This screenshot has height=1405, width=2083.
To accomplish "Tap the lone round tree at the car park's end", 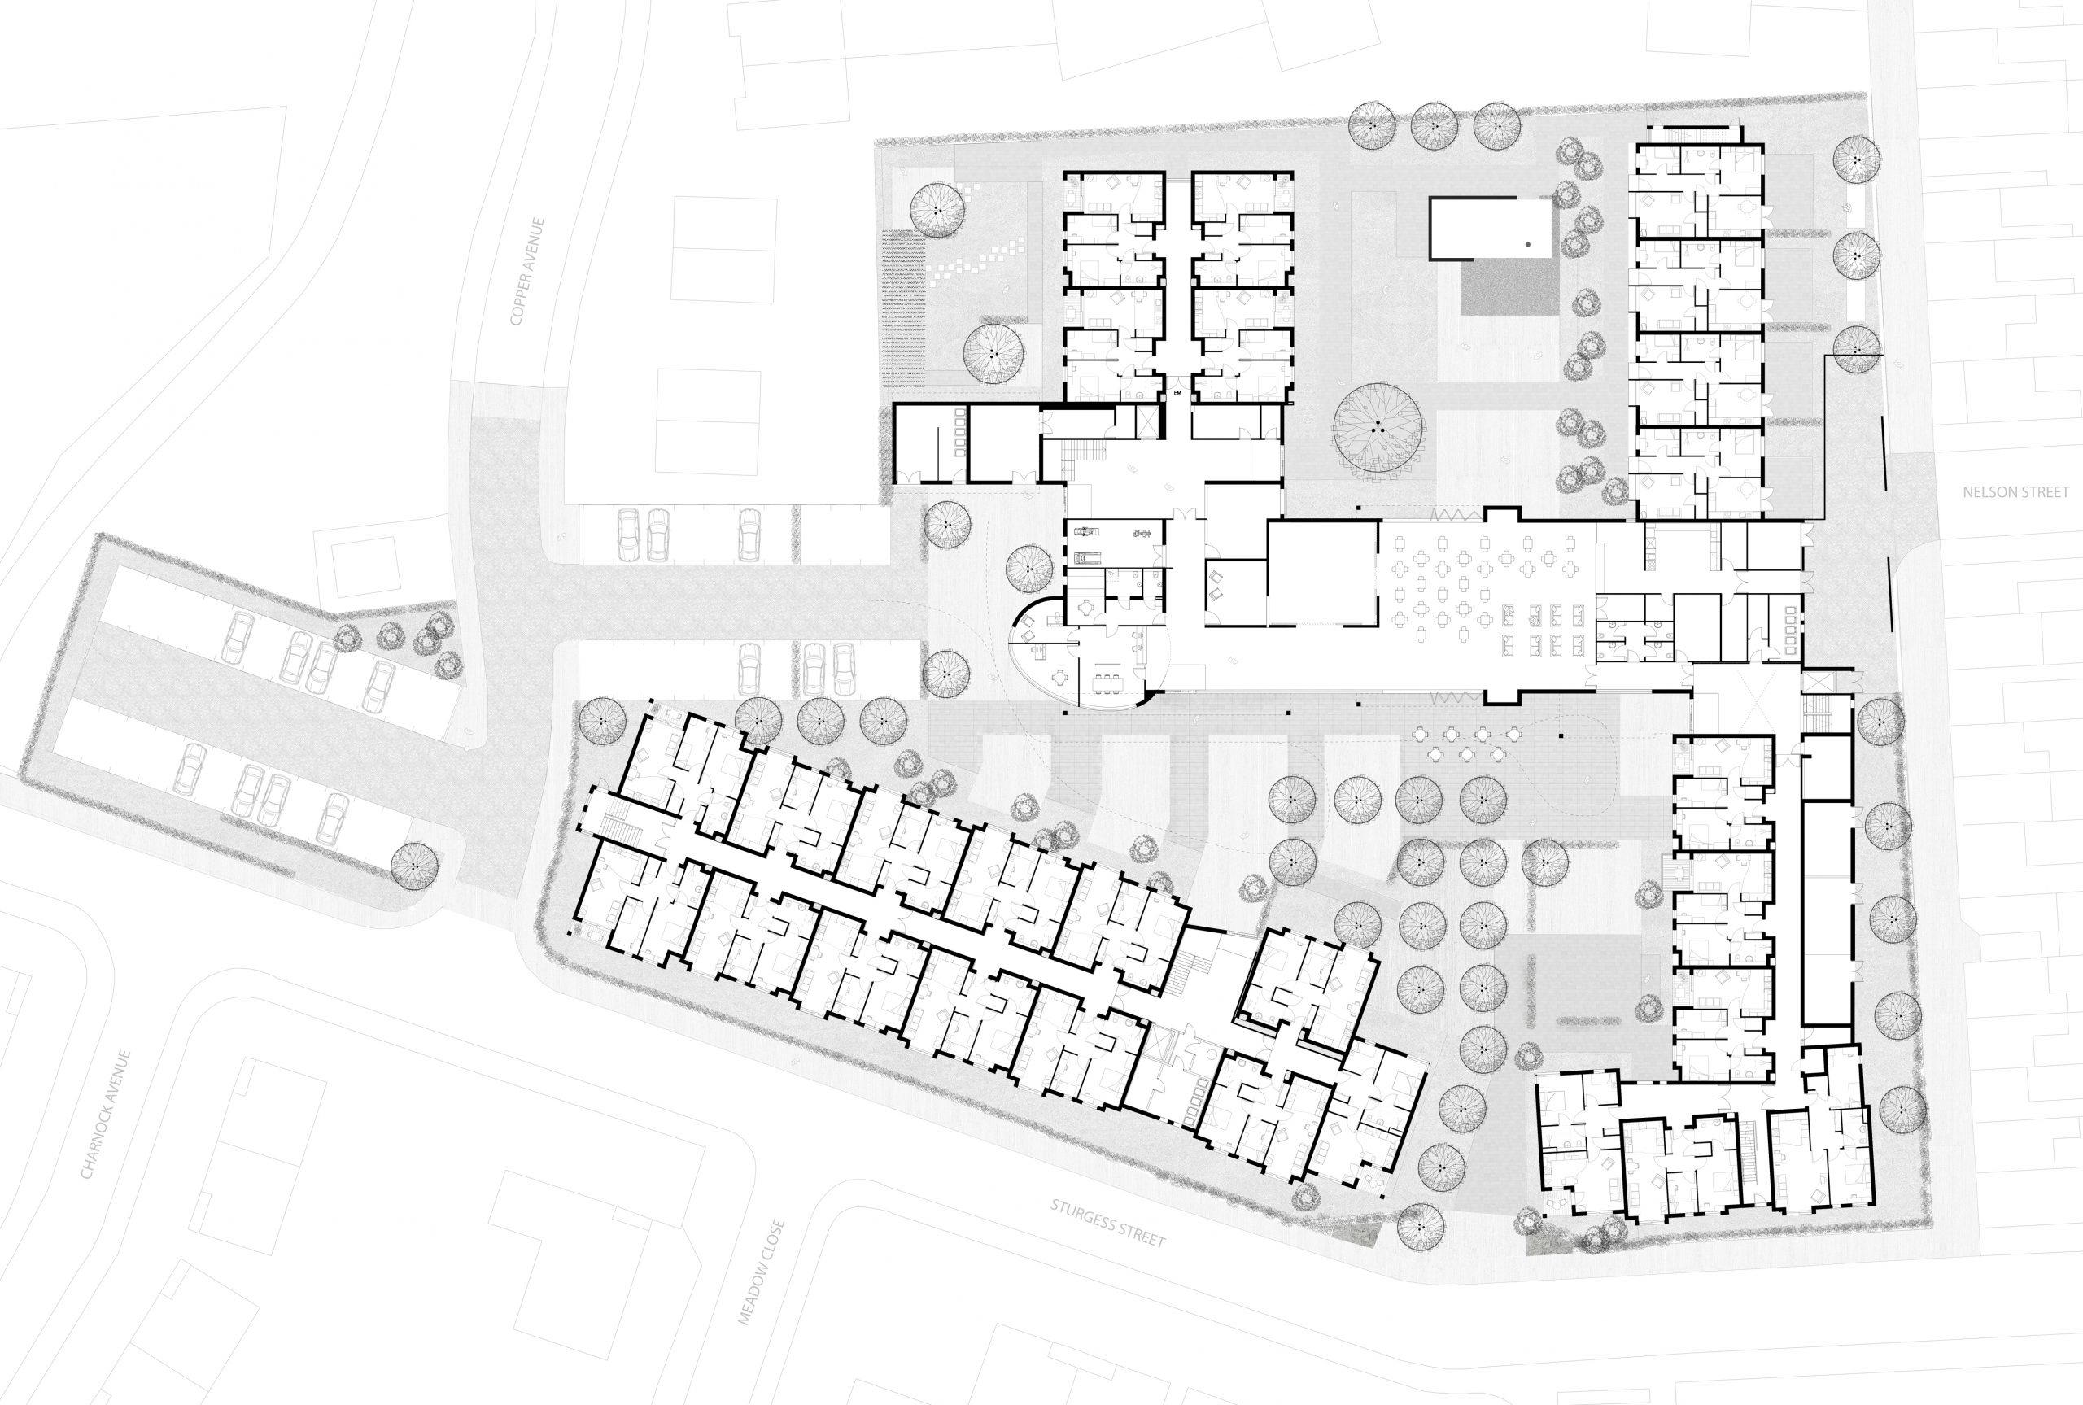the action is [415, 863].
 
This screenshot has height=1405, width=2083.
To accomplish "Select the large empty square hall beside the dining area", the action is [1322, 573].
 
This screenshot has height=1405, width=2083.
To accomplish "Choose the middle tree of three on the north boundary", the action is [1434, 126].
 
